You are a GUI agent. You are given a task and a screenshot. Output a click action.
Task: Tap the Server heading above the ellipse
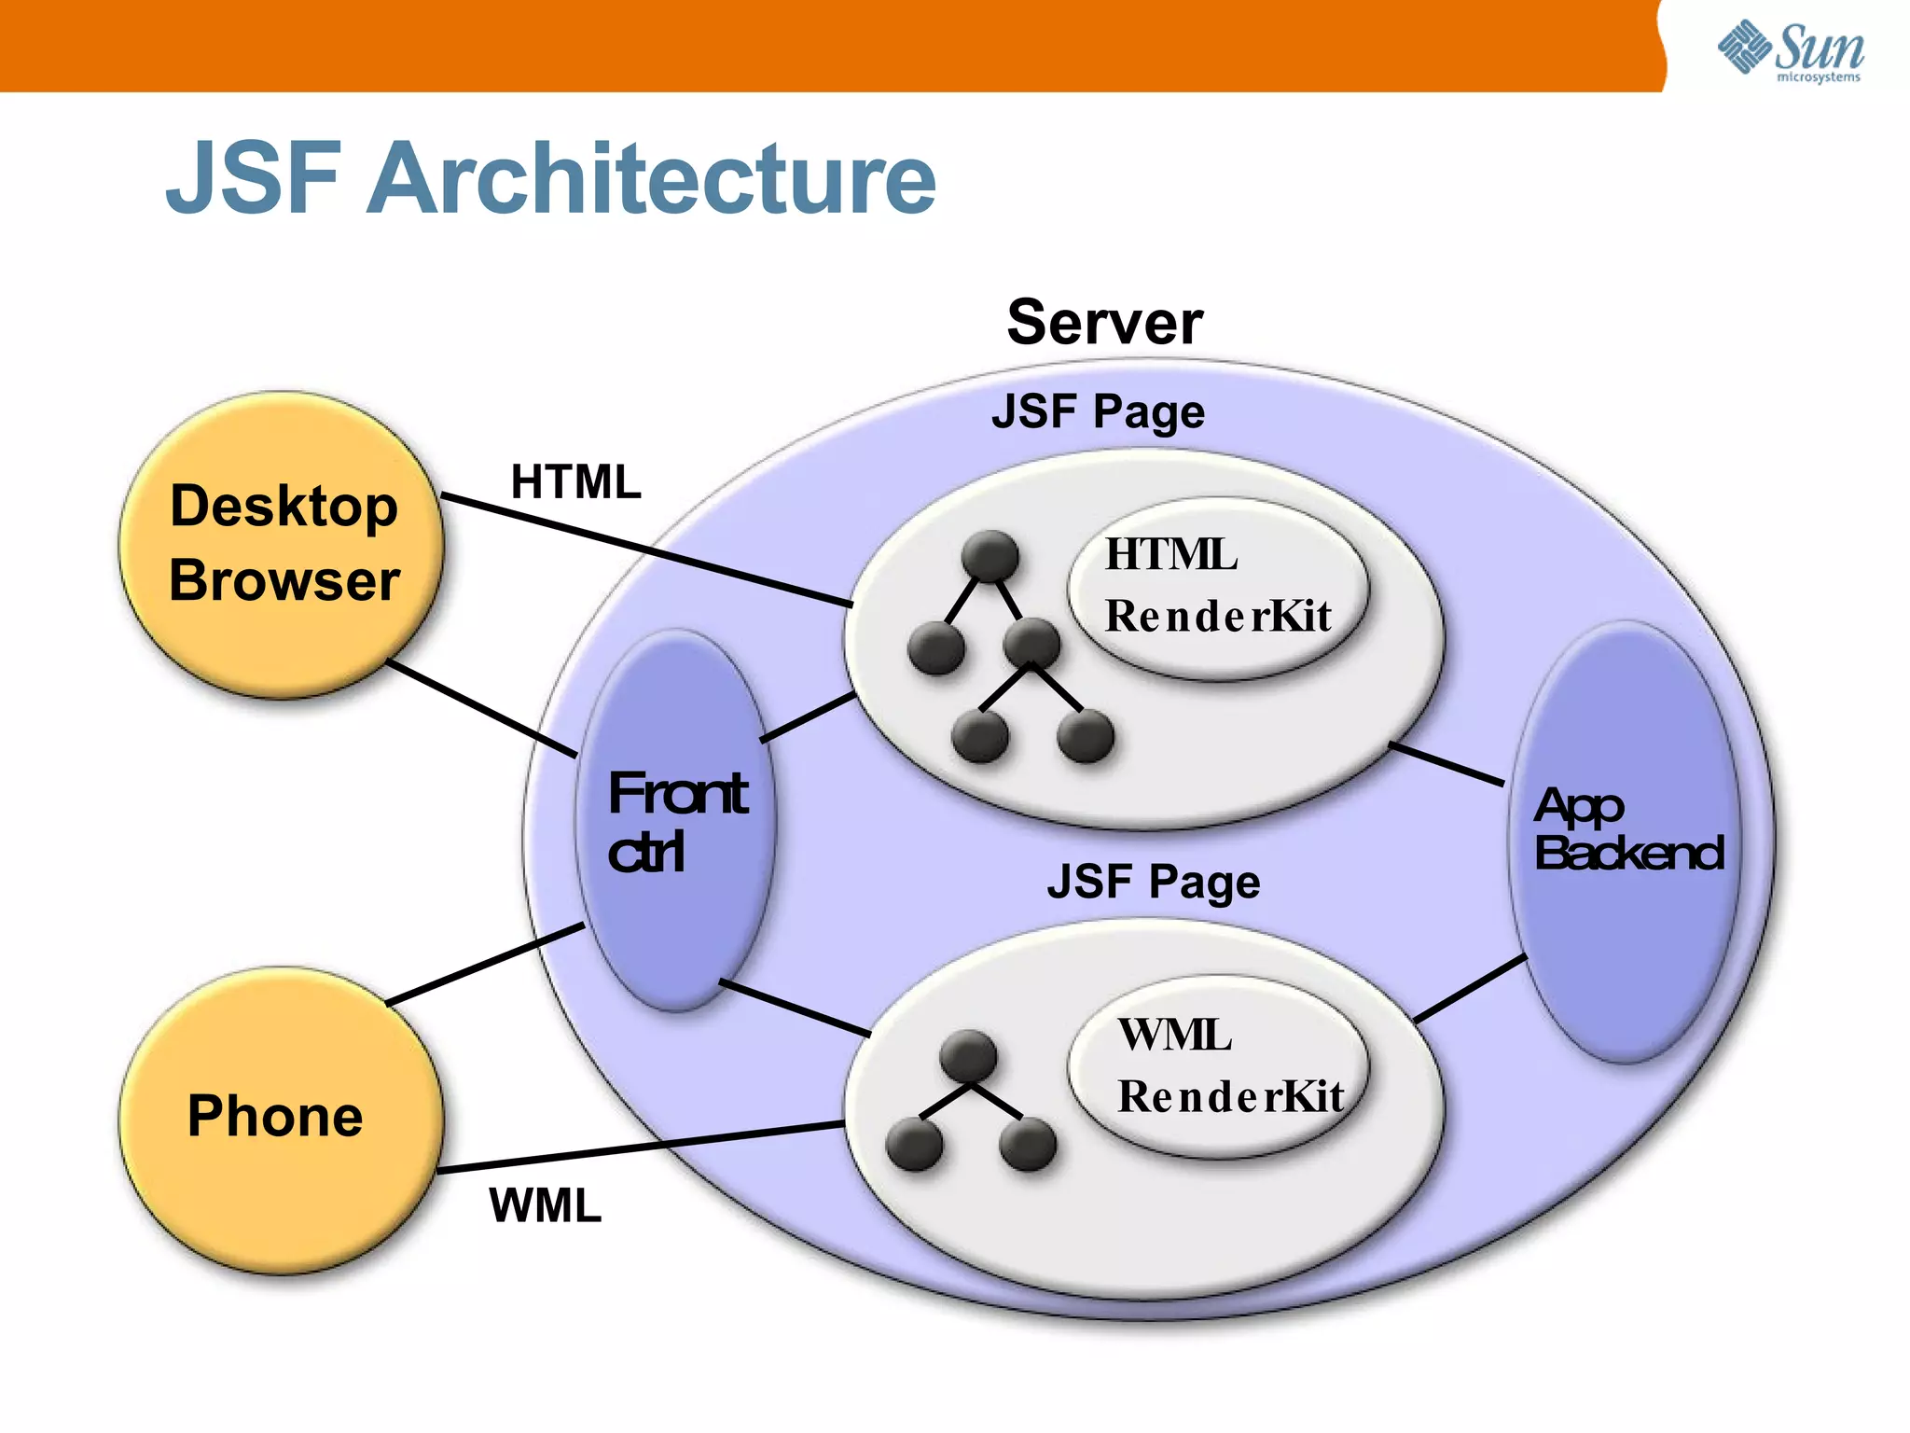pos(1104,322)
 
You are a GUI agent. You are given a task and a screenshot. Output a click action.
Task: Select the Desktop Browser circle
pos(282,544)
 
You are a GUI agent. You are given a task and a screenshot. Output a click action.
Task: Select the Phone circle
pos(279,1119)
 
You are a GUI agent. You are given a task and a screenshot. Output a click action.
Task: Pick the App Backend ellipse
pos(1625,840)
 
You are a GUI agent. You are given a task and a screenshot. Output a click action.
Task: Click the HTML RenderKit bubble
pos(1217,587)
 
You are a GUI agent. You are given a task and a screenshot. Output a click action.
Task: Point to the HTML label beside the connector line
pos(575,482)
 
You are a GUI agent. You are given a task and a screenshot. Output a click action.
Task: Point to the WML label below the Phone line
pos(545,1205)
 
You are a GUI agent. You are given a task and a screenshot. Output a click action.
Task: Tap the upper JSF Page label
pos(1098,411)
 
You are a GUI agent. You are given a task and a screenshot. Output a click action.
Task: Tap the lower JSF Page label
pos(1153,882)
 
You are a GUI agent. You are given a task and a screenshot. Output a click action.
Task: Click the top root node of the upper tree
pos(989,555)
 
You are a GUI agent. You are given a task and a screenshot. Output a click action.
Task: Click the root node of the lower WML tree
pos(968,1056)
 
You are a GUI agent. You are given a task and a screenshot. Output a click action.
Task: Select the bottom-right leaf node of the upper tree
pos(1085,736)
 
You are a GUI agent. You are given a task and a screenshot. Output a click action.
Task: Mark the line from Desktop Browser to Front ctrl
pos(481,708)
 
